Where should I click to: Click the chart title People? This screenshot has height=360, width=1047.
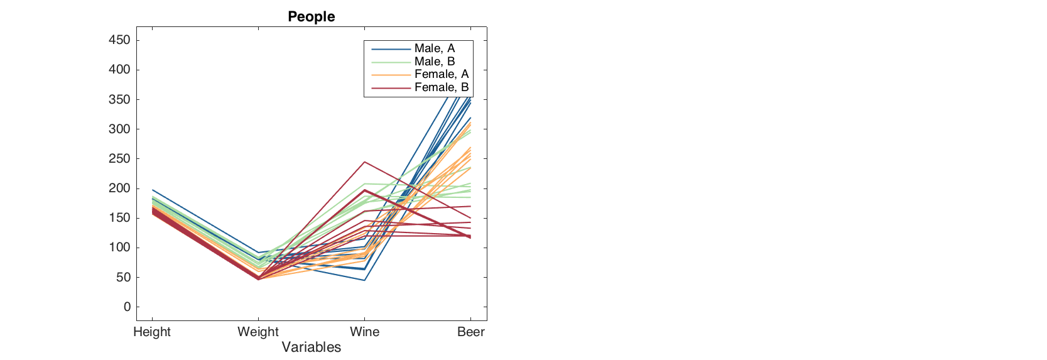[311, 16]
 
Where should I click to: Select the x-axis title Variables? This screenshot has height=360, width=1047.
[311, 347]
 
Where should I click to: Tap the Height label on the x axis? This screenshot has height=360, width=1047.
[152, 332]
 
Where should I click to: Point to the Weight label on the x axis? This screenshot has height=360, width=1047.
[258, 332]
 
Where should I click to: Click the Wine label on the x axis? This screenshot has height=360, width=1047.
[364, 332]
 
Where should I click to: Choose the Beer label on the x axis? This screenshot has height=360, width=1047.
[470, 332]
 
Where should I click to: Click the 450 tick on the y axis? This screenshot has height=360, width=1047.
[119, 40]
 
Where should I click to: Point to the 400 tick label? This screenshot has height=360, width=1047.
[119, 70]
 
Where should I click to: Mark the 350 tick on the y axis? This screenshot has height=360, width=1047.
[119, 99]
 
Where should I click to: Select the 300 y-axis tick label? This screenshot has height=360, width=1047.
[119, 129]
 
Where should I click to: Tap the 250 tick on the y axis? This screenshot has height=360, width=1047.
[119, 159]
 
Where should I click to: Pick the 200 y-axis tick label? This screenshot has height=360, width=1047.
[119, 188]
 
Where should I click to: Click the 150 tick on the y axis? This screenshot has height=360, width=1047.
[119, 218]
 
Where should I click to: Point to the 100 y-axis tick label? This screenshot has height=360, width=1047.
[119, 248]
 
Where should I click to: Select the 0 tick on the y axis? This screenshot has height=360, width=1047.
[127, 307]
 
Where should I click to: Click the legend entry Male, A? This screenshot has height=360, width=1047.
[434, 48]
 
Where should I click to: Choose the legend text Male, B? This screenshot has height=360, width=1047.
[434, 62]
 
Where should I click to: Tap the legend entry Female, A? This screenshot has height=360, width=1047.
[441, 74]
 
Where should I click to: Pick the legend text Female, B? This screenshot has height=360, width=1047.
[441, 87]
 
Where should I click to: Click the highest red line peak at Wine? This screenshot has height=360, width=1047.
[364, 162]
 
